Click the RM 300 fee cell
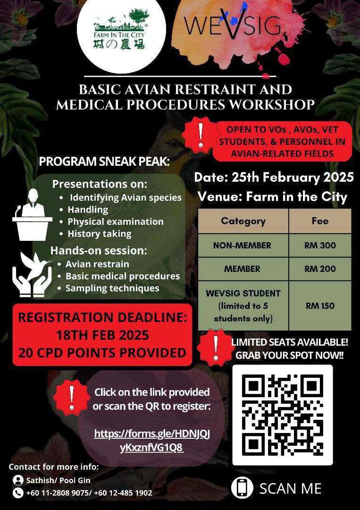click(x=320, y=245)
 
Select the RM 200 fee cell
click(x=320, y=269)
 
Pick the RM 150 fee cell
click(x=320, y=306)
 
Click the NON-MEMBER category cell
click(x=243, y=245)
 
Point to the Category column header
click(x=243, y=221)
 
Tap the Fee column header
click(x=320, y=221)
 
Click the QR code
click(x=283, y=415)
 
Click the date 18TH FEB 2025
click(x=102, y=335)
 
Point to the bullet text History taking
click(x=100, y=233)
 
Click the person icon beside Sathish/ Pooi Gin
click(x=18, y=480)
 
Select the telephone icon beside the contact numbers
click(x=18, y=493)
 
